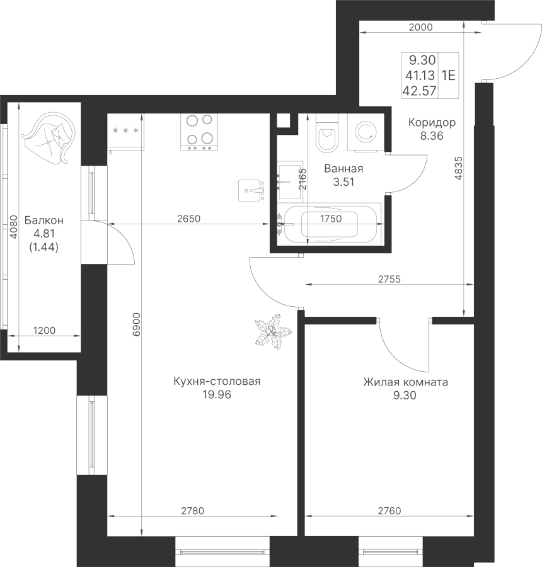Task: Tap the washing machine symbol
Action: click(364, 132)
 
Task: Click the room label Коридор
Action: click(432, 122)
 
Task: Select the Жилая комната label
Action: click(405, 382)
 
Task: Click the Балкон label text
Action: click(43, 220)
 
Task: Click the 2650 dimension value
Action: click(188, 219)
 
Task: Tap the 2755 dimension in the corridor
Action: click(389, 278)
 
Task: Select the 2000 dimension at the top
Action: click(421, 26)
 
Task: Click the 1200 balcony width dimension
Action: click(44, 330)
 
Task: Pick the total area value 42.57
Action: click(421, 91)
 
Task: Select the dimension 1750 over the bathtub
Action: click(331, 219)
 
